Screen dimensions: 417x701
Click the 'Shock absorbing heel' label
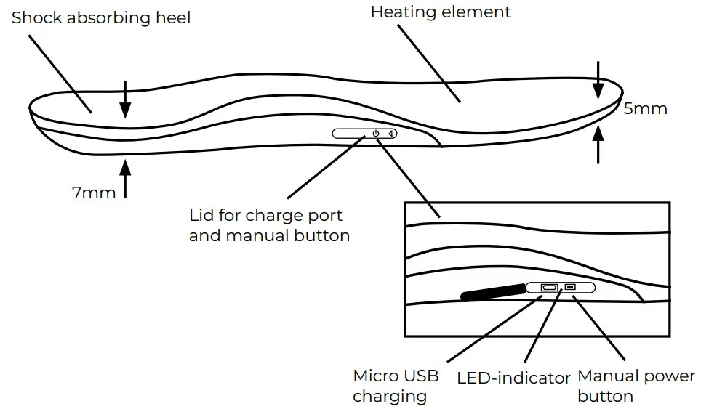[101, 17]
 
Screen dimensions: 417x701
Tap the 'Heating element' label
[441, 12]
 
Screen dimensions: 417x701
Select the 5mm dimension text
[645, 109]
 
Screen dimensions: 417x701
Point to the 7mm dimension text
[94, 193]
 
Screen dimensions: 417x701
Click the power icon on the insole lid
[375, 134]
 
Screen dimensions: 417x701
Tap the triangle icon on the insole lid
[391, 134]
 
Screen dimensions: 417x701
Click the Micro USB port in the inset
[549, 288]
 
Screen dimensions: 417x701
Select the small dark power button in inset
[570, 288]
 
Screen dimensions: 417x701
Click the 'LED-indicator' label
[513, 378]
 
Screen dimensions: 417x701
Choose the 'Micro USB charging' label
[396, 386]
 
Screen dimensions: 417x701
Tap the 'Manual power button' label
[636, 386]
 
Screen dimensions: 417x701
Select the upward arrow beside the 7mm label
[126, 178]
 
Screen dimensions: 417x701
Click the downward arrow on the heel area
[125, 99]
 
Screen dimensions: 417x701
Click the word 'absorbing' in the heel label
[105, 17]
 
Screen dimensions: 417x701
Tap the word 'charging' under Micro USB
[390, 396]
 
